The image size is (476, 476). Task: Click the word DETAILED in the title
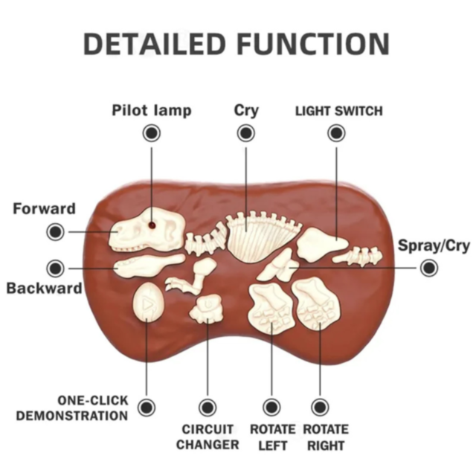(152, 44)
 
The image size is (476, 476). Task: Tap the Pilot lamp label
(152, 111)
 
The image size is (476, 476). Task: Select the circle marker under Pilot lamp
(152, 133)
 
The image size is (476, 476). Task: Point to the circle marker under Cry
(246, 133)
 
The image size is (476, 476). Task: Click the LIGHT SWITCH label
(338, 112)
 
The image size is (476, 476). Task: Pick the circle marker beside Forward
(55, 231)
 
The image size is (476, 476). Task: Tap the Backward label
(45, 288)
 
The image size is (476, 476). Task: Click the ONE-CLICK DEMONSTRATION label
(72, 408)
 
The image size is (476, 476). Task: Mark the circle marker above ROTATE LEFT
(271, 407)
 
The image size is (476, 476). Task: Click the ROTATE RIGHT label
(325, 437)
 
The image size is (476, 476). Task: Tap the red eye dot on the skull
(152, 223)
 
